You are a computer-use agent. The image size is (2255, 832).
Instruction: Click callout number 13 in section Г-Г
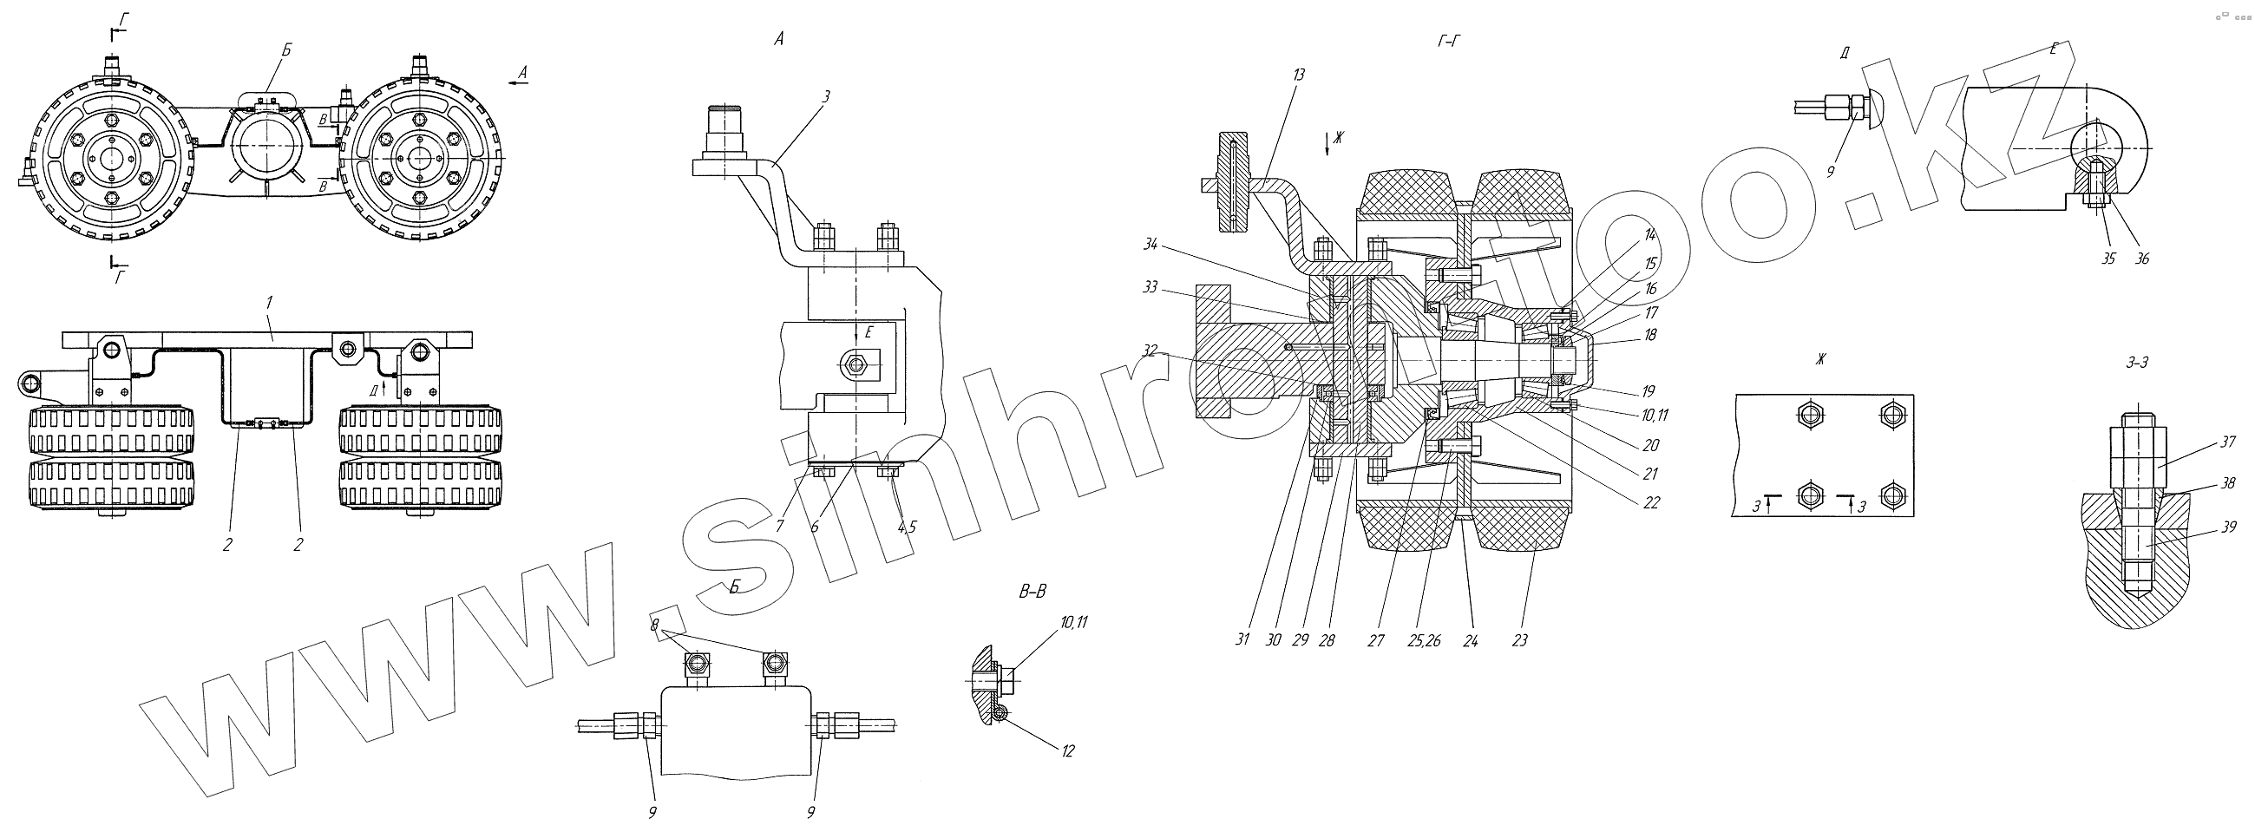click(1298, 75)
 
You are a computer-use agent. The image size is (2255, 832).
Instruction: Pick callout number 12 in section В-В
click(1068, 750)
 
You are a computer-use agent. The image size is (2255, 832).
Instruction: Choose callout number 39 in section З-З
click(2229, 527)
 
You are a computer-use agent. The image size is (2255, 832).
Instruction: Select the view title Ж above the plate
click(1821, 358)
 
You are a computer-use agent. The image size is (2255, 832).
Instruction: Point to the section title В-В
click(1033, 593)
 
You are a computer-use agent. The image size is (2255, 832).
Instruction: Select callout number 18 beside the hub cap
click(1650, 333)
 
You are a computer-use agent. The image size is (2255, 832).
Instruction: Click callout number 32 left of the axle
click(1150, 350)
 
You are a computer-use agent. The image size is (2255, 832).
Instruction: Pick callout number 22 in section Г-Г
click(1651, 502)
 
